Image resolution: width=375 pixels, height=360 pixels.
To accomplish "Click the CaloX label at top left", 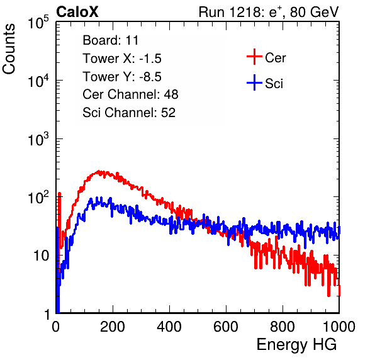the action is click(x=77, y=12).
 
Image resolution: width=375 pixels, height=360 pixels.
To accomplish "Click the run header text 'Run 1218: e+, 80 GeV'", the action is click(x=269, y=12).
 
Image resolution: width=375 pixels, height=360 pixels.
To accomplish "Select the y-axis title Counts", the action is click(x=9, y=49).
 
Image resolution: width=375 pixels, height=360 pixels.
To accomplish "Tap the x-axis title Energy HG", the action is click(x=296, y=345).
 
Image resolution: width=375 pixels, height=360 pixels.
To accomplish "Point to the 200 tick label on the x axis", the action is click(x=113, y=327).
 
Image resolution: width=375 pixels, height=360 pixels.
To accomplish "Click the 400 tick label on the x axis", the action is click(x=169, y=327).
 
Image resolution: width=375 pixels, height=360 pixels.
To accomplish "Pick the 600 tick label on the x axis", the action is click(x=226, y=327).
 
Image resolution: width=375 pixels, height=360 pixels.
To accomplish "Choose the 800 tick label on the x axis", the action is click(x=283, y=327).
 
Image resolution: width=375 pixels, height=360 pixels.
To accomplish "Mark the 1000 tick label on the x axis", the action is click(x=339, y=327).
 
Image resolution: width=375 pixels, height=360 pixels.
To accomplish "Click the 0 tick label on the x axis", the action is click(x=56, y=327).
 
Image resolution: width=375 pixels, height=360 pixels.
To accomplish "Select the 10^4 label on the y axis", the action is click(x=38, y=81).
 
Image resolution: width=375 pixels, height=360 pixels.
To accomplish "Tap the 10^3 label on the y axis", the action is click(x=38, y=139).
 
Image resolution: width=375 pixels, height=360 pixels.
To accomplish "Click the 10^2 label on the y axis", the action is click(x=38, y=198).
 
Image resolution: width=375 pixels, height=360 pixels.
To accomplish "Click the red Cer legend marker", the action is click(x=254, y=57).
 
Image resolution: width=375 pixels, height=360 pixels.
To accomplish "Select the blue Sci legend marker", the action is click(x=254, y=82).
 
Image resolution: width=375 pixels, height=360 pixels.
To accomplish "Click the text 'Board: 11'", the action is click(x=111, y=40).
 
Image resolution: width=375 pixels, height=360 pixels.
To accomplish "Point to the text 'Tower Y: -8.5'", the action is click(x=122, y=77).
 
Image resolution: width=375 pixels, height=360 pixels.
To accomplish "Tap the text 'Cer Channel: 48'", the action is click(x=130, y=94).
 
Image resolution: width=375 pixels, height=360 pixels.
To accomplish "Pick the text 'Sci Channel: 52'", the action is click(x=129, y=113).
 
